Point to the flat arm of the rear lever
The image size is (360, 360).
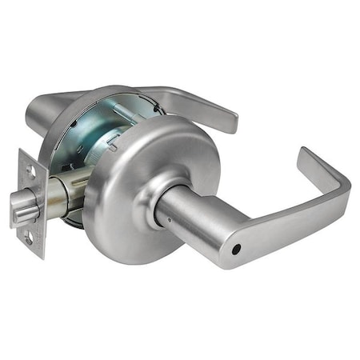(192, 100)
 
